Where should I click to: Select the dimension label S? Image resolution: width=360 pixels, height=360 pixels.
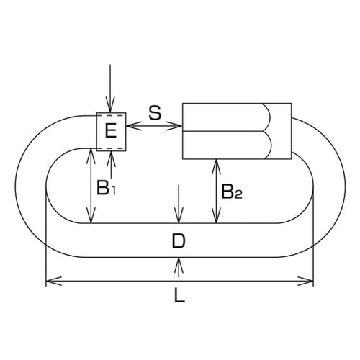pyautogui.click(x=154, y=112)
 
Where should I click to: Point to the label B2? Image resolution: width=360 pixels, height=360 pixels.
pyautogui.click(x=231, y=192)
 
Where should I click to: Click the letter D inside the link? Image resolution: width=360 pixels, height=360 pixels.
pyautogui.click(x=179, y=242)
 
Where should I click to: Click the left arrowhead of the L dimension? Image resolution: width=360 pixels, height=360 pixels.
pyautogui.click(x=50, y=280)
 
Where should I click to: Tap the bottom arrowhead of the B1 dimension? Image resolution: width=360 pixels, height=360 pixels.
pyautogui.click(x=90, y=219)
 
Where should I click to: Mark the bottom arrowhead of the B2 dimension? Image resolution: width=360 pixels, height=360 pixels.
pyautogui.click(x=215, y=219)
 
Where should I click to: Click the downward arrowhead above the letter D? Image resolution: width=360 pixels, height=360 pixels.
pyautogui.click(x=179, y=219)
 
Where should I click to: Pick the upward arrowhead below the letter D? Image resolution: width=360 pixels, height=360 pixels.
pyautogui.click(x=179, y=264)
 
